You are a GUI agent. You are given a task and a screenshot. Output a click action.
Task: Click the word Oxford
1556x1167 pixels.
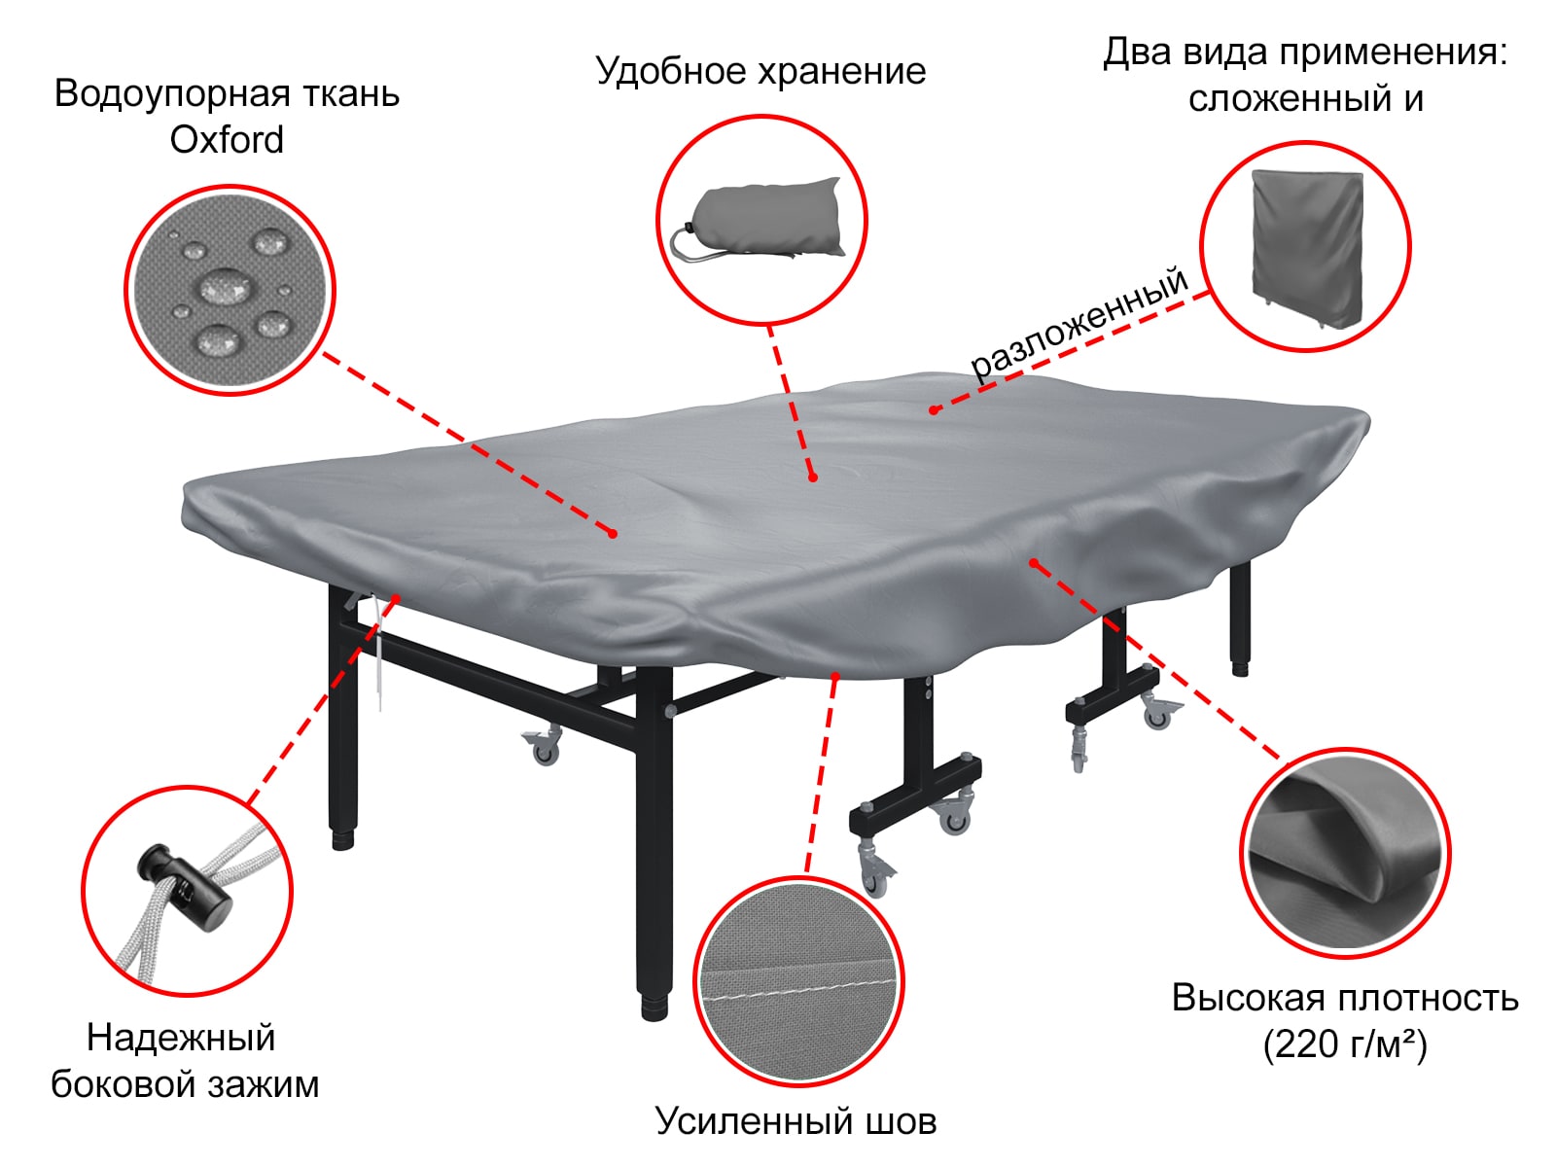[x=227, y=140]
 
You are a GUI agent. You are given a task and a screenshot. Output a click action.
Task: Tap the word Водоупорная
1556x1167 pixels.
[x=156, y=94]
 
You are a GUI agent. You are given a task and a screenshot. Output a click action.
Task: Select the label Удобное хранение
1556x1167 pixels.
[x=760, y=71]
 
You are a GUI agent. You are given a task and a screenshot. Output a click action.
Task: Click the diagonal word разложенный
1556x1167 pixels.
[x=1079, y=322]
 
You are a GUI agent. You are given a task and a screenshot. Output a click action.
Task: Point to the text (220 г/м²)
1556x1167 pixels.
[x=1345, y=1045]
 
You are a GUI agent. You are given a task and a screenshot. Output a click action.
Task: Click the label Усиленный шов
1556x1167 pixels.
[x=796, y=1121]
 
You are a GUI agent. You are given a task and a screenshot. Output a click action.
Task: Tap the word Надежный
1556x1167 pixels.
[x=181, y=1038]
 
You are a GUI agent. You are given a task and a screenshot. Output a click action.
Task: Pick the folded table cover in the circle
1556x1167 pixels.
[x=1306, y=247]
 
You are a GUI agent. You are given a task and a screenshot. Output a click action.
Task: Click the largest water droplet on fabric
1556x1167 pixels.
[x=226, y=287]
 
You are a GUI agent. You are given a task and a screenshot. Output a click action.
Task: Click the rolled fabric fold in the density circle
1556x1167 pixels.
[x=1342, y=836]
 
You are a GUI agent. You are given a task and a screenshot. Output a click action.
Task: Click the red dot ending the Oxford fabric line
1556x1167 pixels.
[x=613, y=533]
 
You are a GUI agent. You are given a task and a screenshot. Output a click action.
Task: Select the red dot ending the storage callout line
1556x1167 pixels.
[x=812, y=477]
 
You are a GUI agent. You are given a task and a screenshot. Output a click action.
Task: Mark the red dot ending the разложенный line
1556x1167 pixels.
[x=934, y=410]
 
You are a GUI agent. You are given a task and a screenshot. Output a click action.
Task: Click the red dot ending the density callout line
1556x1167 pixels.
[x=1034, y=563]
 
